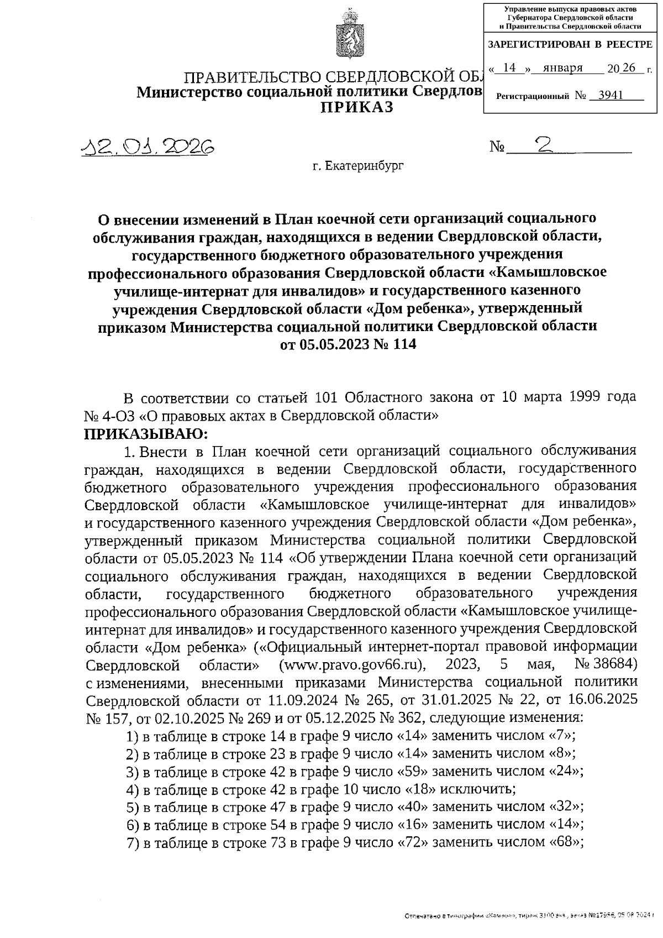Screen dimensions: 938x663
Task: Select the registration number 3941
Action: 610,95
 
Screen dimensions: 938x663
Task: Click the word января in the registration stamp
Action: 562,68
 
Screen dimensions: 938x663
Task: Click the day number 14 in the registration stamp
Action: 510,68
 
